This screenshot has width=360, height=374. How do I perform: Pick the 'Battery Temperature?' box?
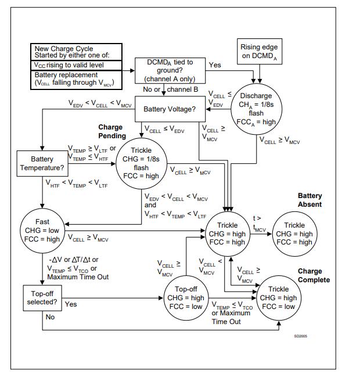(x=42, y=163)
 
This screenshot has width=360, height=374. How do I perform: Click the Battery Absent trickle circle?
(x=294, y=233)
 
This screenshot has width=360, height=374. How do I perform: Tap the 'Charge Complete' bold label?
(x=314, y=275)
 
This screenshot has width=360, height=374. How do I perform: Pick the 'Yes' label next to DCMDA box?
(x=214, y=66)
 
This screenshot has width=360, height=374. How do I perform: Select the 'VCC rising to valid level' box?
(x=76, y=65)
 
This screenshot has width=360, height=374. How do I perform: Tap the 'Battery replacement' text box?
(x=76, y=79)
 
